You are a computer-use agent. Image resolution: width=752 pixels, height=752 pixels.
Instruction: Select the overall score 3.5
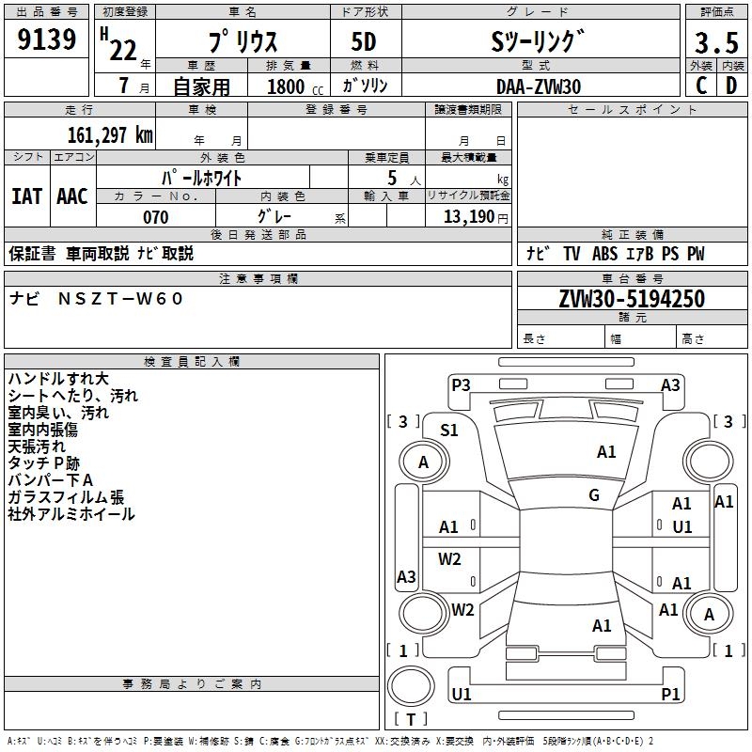pos(716,43)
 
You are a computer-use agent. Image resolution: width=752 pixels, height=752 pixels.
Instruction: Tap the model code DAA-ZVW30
pos(539,86)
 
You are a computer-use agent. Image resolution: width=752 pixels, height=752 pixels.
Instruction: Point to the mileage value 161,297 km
pos(110,134)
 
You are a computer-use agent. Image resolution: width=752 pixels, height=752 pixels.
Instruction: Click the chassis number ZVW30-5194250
pos(632,299)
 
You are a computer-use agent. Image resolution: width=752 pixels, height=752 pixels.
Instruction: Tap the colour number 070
pos(155,217)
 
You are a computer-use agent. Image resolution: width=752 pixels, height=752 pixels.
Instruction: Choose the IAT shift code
pos(26,196)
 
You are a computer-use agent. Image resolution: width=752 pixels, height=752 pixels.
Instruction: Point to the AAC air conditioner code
pos(71,196)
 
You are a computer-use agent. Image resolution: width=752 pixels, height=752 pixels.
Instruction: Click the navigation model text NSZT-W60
pos(122,299)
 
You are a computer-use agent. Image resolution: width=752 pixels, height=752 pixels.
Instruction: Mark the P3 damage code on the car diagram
pos(461,384)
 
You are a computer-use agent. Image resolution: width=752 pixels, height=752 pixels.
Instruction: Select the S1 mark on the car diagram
pos(449,431)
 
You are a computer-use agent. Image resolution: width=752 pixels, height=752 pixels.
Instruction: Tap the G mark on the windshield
pos(594,495)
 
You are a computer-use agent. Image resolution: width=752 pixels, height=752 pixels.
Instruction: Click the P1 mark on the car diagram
pos(670,694)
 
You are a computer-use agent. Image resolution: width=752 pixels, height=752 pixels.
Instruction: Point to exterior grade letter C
pos(701,86)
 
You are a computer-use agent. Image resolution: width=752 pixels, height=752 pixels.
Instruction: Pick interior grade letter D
pos(731,86)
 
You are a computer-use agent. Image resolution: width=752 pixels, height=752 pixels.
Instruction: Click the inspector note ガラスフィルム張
pos(66,497)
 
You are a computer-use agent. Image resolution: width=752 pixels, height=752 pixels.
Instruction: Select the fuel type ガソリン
pos(366,86)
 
